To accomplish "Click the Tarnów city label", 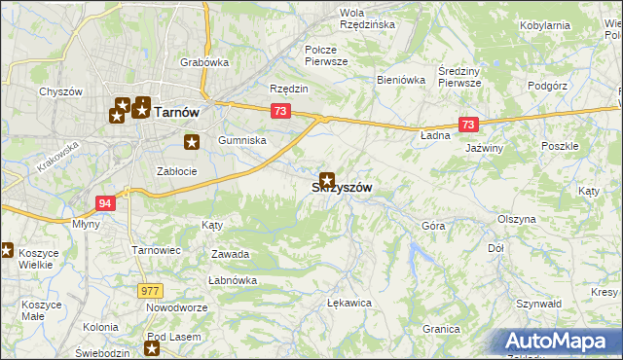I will point(177,112).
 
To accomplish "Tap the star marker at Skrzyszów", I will point(328,180).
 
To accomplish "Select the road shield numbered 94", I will point(105,202).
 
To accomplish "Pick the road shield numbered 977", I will point(150,290).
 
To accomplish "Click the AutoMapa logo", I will point(560,342).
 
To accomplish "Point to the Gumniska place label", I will point(242,140).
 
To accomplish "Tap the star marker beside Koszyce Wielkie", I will point(6,250).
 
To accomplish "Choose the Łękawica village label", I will point(350,303).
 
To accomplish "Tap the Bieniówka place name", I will point(402,81).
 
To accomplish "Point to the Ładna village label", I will point(435,135).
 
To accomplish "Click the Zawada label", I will point(231,254).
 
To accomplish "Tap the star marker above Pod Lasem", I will point(153,347).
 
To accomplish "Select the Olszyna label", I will point(517,219).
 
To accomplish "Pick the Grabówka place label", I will point(204,62).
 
